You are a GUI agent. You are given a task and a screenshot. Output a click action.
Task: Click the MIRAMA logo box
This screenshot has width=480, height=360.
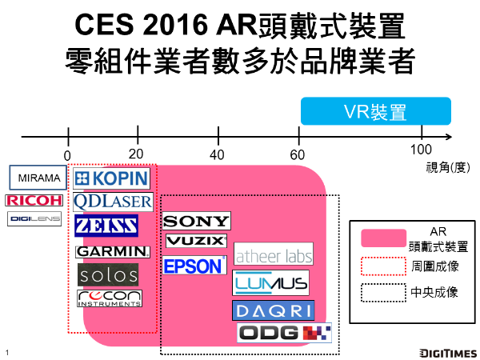[x=38, y=178]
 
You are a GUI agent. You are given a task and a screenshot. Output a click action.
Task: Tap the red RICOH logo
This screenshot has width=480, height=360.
[x=34, y=201]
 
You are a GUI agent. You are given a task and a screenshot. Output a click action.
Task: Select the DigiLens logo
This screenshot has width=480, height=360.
[x=34, y=219]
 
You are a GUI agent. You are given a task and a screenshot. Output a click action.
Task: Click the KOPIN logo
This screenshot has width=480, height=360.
[x=112, y=178]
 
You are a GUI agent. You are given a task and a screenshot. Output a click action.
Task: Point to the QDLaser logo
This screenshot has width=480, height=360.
[x=113, y=202]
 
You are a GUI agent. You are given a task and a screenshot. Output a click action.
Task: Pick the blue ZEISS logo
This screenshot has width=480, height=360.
[x=106, y=226]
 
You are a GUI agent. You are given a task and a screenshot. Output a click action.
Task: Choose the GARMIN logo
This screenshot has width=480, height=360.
[x=113, y=252]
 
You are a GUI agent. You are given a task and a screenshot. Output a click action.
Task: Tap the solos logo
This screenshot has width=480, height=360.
[x=108, y=275]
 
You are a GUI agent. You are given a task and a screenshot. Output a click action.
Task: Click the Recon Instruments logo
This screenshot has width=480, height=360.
[x=110, y=298]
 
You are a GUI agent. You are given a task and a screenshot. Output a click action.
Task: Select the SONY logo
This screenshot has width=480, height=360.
[x=196, y=221]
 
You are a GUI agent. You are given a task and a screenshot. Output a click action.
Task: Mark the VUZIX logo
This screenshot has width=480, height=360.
[x=196, y=241]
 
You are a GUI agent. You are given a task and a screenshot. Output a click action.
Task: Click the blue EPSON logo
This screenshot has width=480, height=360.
[x=194, y=265]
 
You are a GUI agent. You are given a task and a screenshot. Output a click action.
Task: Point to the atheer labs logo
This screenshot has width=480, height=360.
[x=274, y=254]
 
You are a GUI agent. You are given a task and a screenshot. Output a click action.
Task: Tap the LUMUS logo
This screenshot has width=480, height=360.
[x=271, y=283]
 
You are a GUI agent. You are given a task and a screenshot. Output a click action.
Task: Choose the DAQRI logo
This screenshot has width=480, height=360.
[x=274, y=310]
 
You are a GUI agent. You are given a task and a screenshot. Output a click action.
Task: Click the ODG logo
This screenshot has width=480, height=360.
[x=284, y=333]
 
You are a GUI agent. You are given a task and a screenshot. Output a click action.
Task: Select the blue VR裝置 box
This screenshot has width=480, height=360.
[x=376, y=111]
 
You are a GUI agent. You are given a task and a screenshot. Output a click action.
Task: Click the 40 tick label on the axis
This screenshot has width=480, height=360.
[x=217, y=155]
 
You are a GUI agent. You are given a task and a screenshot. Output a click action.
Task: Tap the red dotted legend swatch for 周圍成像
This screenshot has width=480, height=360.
[x=383, y=266]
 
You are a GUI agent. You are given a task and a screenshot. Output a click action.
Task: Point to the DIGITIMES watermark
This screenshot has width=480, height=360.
[x=448, y=353]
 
